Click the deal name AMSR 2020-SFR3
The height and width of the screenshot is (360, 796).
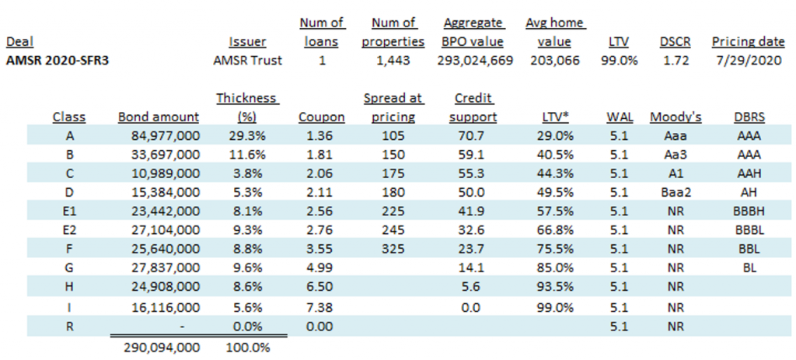click(57, 60)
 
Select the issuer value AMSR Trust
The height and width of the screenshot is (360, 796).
click(248, 60)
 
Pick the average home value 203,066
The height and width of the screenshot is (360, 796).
click(554, 60)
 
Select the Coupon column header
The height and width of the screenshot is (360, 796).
click(321, 117)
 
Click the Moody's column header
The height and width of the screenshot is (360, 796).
click(676, 117)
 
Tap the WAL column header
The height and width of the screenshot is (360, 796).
click(620, 117)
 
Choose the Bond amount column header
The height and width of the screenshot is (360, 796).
click(159, 117)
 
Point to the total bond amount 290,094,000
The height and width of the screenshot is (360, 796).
click(161, 347)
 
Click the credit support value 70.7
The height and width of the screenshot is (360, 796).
click(474, 135)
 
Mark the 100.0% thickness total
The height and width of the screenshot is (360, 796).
click(248, 347)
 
